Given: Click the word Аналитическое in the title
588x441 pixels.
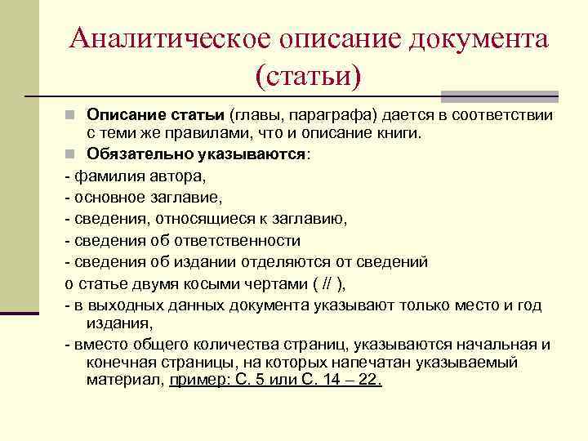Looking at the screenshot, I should [x=171, y=38].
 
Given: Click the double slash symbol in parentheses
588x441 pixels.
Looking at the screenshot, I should [x=326, y=284].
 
